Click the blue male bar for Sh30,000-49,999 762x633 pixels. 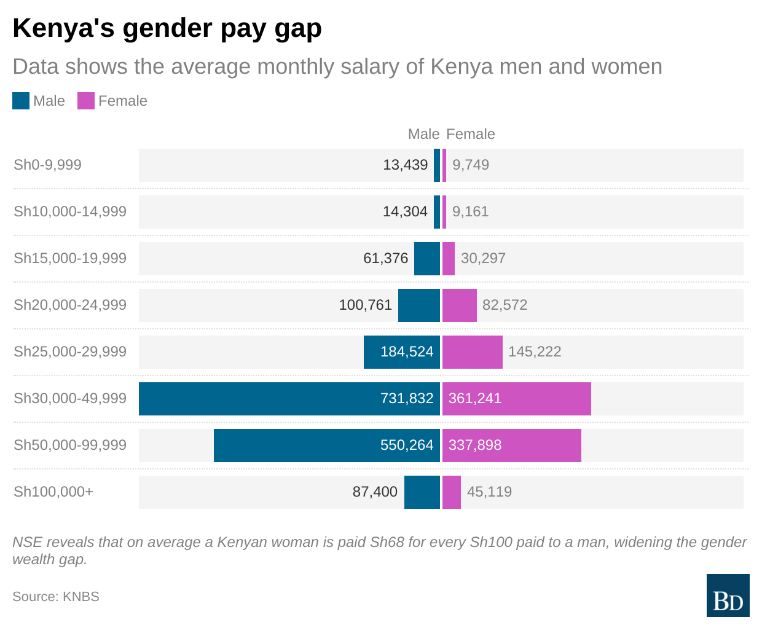(258, 399)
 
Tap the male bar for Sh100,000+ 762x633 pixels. (422, 492)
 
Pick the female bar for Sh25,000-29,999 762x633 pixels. (472, 352)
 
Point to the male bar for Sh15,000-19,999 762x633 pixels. (427, 259)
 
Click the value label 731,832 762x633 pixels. (407, 399)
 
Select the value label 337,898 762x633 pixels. (475, 446)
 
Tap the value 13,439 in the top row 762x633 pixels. (405, 165)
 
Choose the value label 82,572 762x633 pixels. (505, 305)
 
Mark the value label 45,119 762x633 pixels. (489, 492)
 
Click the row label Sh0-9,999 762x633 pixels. (47, 165)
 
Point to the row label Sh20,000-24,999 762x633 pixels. (70, 305)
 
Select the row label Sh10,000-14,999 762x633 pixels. (70, 212)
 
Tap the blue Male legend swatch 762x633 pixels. (21, 101)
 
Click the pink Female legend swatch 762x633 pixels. (86, 101)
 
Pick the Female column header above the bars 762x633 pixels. (470, 135)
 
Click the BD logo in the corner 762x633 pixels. (728, 596)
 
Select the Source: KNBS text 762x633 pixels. (56, 597)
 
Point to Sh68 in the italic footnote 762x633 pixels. (385, 542)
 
